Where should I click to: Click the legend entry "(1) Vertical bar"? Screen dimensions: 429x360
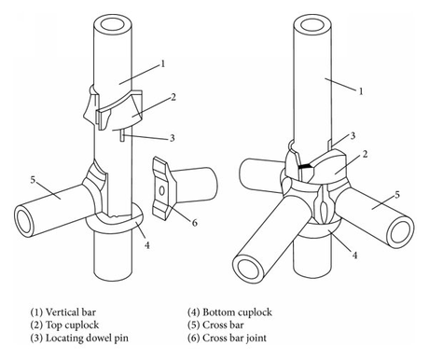click(x=63, y=312)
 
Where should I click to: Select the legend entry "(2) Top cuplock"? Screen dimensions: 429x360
click(x=64, y=325)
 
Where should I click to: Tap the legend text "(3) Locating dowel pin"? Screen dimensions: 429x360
click(x=79, y=338)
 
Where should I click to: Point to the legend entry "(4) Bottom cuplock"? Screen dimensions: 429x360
click(x=229, y=312)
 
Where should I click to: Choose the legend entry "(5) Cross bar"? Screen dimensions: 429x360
click(x=215, y=325)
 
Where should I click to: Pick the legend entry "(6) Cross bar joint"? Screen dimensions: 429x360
click(x=227, y=338)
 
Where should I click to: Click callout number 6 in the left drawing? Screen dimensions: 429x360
click(x=195, y=223)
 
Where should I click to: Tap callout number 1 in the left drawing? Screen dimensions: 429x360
click(x=162, y=64)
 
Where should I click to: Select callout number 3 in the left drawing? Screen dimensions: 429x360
click(x=173, y=138)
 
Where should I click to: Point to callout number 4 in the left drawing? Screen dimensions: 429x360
click(x=147, y=245)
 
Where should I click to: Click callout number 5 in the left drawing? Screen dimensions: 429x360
click(x=33, y=180)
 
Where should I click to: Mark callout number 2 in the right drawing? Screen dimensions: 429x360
click(x=365, y=154)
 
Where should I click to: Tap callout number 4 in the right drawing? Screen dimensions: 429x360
click(x=354, y=256)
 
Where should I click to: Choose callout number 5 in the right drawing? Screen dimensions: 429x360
click(x=397, y=195)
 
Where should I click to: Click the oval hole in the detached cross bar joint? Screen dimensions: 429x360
click(x=161, y=190)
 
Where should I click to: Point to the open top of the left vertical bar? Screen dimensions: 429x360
click(x=114, y=24)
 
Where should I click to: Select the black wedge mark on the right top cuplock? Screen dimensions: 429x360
click(x=306, y=167)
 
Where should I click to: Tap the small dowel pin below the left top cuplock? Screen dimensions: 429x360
click(x=123, y=135)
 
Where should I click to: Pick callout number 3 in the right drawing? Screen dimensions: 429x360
click(x=353, y=136)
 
